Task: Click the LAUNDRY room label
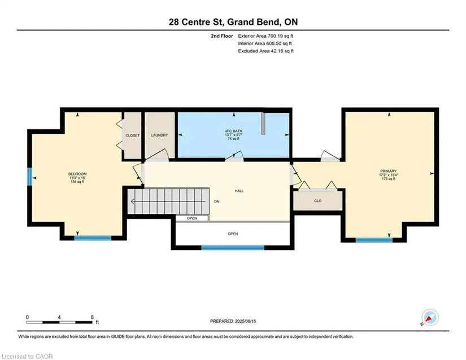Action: click(160, 135)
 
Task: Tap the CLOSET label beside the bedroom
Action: click(133, 135)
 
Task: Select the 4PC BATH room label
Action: click(234, 131)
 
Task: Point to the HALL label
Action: click(239, 191)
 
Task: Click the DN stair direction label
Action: click(217, 201)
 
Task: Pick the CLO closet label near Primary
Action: click(317, 201)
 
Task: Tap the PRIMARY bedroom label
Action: click(389, 171)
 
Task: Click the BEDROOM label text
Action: click(77, 174)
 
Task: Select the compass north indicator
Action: click(430, 318)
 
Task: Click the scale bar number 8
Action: click(92, 317)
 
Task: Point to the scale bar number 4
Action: click(59, 317)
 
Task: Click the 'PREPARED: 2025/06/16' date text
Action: click(233, 321)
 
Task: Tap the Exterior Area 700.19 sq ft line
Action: click(265, 36)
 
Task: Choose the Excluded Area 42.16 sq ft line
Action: click(265, 51)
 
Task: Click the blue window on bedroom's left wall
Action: click(29, 177)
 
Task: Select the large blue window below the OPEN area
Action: click(233, 248)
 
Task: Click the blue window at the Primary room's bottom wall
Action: click(374, 240)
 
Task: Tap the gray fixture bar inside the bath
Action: click(263, 124)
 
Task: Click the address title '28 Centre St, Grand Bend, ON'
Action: click(233, 22)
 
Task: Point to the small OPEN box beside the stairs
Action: click(192, 218)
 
